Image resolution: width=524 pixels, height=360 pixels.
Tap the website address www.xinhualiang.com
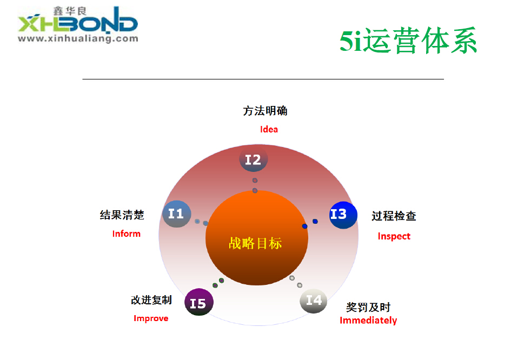(x=78, y=39)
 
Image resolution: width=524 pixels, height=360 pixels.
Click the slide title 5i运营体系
(x=408, y=41)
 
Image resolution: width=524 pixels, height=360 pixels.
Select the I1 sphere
(x=177, y=214)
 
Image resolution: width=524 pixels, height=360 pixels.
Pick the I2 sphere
(x=253, y=159)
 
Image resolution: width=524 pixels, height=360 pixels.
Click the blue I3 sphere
(x=343, y=215)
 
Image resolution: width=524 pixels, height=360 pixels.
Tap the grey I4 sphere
(x=314, y=301)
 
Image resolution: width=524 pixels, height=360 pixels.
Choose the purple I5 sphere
(x=199, y=302)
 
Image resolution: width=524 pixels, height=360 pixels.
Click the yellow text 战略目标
(x=255, y=243)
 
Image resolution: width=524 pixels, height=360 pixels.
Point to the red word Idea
(x=269, y=129)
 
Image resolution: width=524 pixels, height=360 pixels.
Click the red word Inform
(x=127, y=234)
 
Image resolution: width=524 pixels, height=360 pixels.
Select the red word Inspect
(x=394, y=236)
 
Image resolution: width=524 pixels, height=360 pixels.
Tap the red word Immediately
(x=368, y=321)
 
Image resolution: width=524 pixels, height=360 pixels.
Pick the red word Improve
(x=151, y=318)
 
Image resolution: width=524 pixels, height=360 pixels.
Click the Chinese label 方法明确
(x=265, y=110)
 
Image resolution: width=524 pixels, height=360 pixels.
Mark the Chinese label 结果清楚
(x=122, y=215)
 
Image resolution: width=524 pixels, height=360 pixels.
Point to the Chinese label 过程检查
(x=394, y=216)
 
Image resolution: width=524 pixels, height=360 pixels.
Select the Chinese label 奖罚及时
(x=368, y=307)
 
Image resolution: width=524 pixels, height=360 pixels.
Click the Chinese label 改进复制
(x=151, y=300)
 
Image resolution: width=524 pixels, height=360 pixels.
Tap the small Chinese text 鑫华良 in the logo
(x=70, y=11)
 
